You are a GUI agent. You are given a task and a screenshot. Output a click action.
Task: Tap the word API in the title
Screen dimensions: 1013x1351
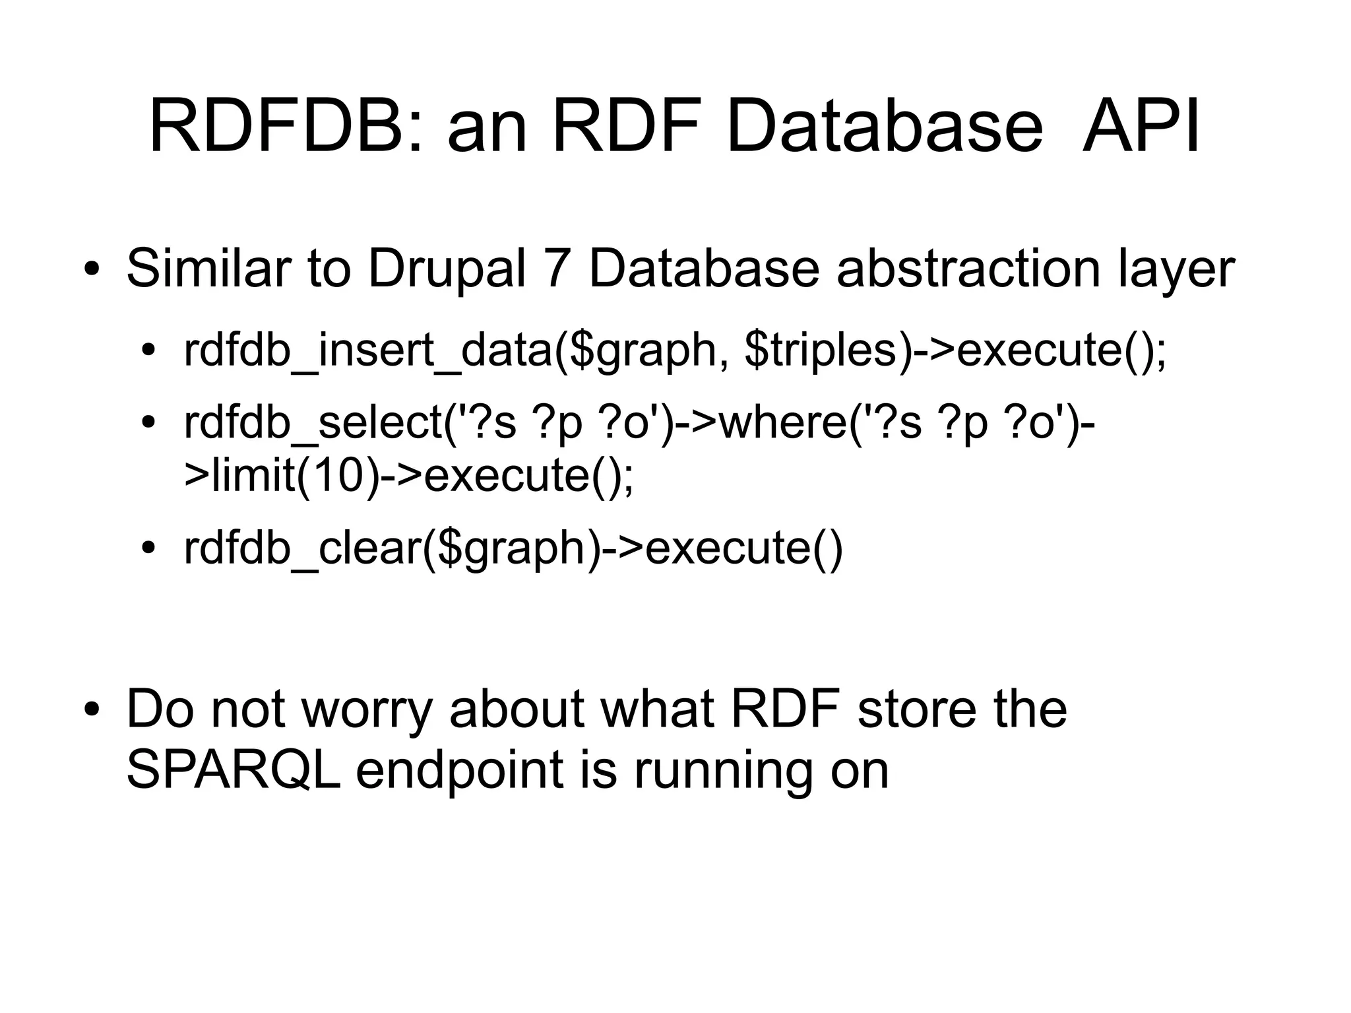pyautogui.click(x=1141, y=127)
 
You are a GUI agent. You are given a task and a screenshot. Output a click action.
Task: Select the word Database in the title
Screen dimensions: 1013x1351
pyautogui.click(x=885, y=127)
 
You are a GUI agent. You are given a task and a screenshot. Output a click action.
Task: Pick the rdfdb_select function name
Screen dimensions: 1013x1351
pyautogui.click(x=313, y=424)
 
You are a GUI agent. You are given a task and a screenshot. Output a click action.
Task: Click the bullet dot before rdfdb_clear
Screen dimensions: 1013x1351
pyautogui.click(x=148, y=549)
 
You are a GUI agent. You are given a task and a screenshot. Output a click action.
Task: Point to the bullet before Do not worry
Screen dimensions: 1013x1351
pyautogui.click(x=92, y=709)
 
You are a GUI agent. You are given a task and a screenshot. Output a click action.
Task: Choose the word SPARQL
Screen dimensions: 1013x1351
pyautogui.click(x=233, y=770)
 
